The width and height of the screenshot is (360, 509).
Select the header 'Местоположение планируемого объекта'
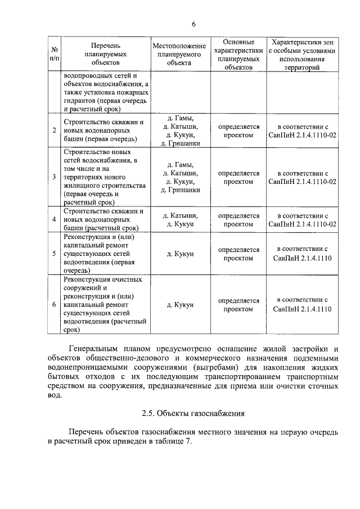(x=179, y=55)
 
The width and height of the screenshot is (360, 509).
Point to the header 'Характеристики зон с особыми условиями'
(x=303, y=55)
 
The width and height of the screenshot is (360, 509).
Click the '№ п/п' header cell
(x=54, y=55)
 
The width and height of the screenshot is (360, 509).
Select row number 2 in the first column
(x=54, y=130)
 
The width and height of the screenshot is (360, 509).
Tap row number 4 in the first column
(x=54, y=219)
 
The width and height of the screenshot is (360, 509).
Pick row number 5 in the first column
(x=54, y=254)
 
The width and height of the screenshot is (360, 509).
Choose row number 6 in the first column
(x=54, y=304)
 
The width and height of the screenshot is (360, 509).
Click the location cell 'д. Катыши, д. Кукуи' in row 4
(x=179, y=219)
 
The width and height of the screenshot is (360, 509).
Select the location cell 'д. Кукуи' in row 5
(x=179, y=254)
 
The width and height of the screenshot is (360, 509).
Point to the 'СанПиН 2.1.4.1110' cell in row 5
(x=303, y=254)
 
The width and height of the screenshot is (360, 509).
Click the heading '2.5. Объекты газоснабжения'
(x=193, y=414)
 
